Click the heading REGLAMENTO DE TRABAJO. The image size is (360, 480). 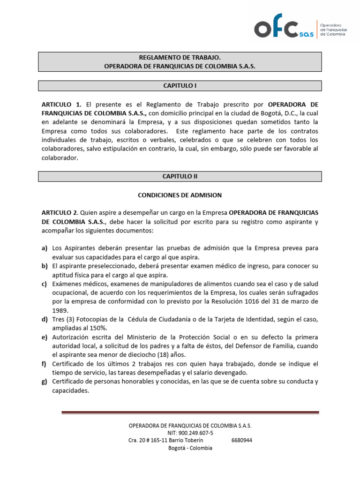click(180, 57)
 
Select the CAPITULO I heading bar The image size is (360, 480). click(180, 86)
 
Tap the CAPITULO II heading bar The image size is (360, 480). click(180, 176)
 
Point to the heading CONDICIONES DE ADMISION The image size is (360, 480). click(180, 195)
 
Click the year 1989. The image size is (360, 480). click(60, 310)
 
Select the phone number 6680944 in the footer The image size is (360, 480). click(242, 440)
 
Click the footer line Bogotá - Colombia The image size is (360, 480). click(190, 448)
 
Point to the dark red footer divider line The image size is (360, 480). click(190, 412)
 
